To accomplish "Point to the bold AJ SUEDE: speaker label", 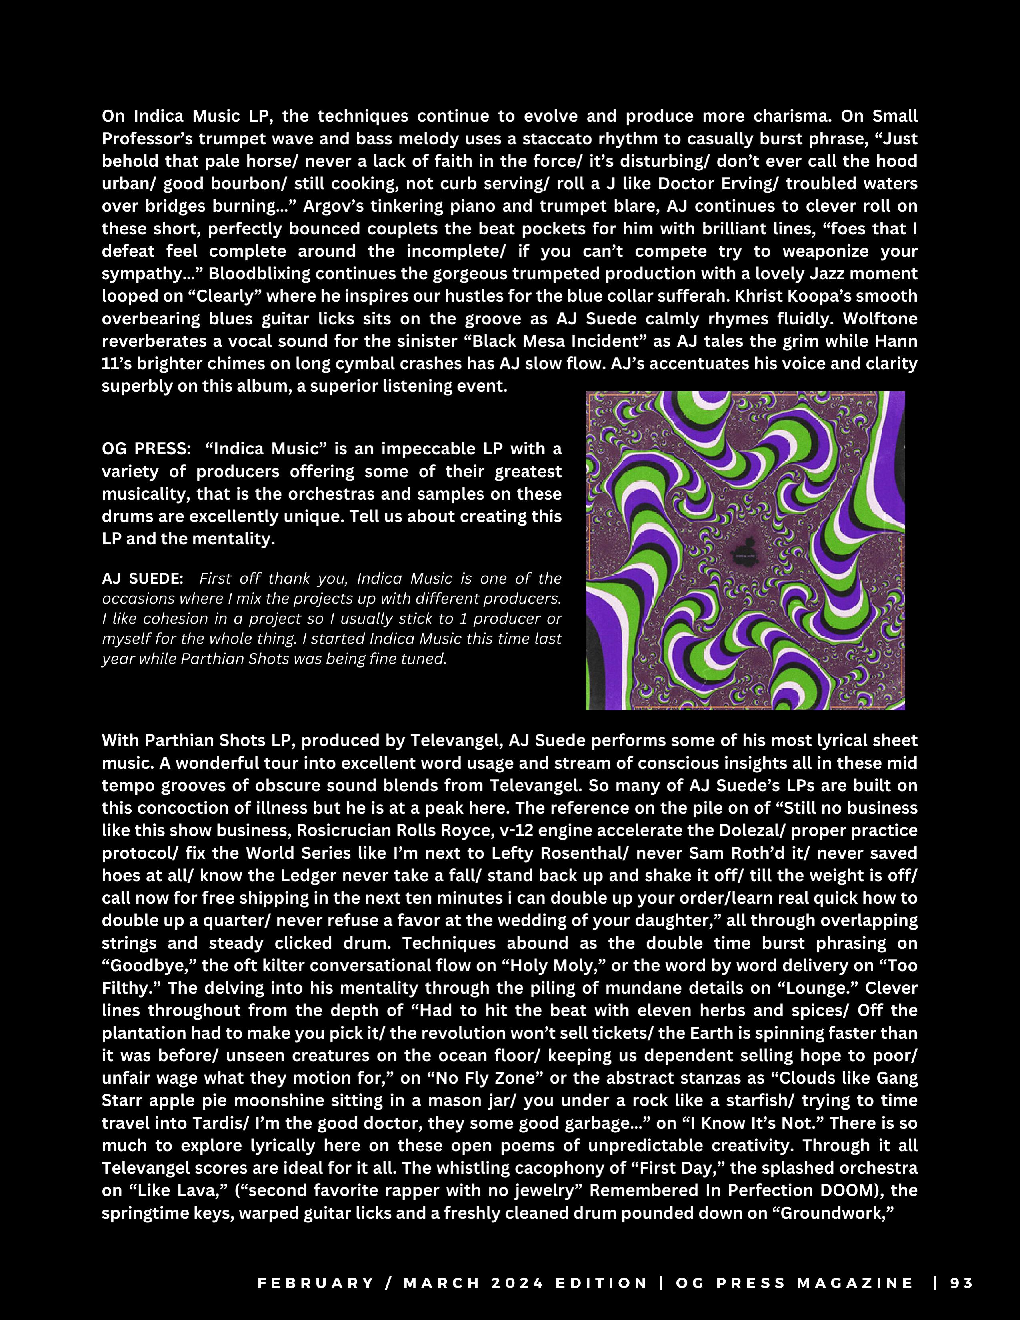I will click(x=143, y=578).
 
